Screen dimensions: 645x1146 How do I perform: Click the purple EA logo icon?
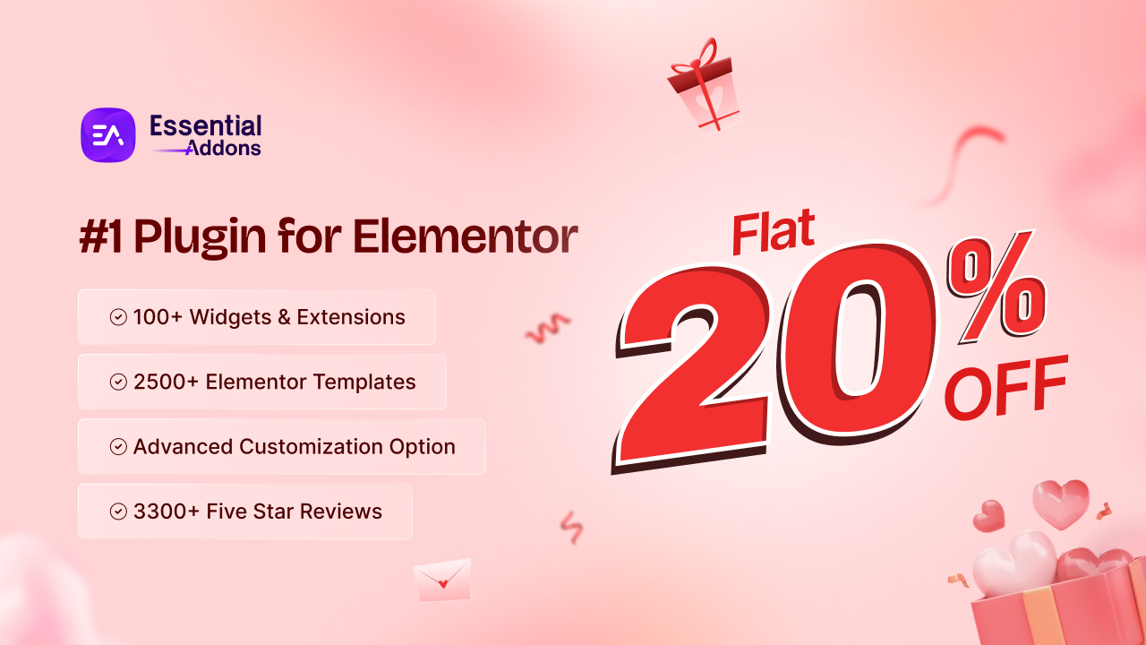point(108,135)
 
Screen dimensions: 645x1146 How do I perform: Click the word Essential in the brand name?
point(206,125)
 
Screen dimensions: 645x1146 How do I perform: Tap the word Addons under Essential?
point(223,148)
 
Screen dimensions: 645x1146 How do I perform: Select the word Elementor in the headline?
point(465,236)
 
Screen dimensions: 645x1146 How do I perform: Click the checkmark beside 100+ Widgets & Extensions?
point(118,317)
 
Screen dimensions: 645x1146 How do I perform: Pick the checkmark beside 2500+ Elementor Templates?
point(118,383)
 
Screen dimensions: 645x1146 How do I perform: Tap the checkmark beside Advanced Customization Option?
point(118,447)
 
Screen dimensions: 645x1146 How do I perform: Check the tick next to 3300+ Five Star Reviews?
point(118,512)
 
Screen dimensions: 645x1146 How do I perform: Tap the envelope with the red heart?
point(441,579)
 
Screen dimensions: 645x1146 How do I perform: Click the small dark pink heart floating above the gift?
point(988,515)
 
